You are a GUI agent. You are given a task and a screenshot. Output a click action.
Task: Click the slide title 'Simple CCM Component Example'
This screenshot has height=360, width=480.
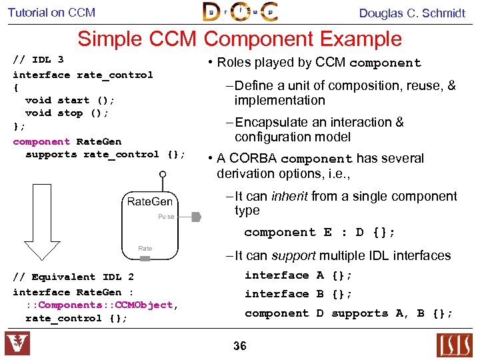(x=239, y=39)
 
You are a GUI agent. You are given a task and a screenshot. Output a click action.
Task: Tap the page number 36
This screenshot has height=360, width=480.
(x=240, y=345)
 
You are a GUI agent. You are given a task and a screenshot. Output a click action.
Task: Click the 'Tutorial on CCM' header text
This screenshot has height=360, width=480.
(x=51, y=13)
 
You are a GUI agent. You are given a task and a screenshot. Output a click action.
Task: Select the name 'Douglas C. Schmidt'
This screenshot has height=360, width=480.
(x=412, y=13)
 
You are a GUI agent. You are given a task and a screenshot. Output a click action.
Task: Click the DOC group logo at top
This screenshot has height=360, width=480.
(x=240, y=12)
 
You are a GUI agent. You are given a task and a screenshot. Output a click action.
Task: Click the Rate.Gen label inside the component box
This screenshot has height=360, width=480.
(x=150, y=201)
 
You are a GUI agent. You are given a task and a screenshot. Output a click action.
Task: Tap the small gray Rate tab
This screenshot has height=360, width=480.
(x=145, y=249)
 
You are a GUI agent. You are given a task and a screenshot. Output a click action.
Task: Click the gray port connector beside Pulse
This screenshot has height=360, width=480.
(x=196, y=217)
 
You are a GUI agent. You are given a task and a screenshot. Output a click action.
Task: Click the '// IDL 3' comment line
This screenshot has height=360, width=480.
(x=38, y=60)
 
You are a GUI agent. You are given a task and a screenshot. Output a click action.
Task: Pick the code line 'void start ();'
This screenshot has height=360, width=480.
(x=70, y=100)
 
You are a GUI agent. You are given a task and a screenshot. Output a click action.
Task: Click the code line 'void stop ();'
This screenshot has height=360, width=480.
(x=67, y=113)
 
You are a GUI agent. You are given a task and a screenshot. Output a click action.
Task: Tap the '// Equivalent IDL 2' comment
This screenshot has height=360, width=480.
(x=73, y=277)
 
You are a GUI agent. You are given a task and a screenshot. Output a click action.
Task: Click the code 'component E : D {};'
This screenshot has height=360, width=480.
(x=319, y=233)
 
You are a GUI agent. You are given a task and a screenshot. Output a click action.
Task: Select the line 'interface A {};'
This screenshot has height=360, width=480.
(x=298, y=275)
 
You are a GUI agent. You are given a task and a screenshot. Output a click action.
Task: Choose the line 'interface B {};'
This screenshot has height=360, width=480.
(x=298, y=294)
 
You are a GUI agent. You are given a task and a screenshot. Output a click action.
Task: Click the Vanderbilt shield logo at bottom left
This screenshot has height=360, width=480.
(x=17, y=344)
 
